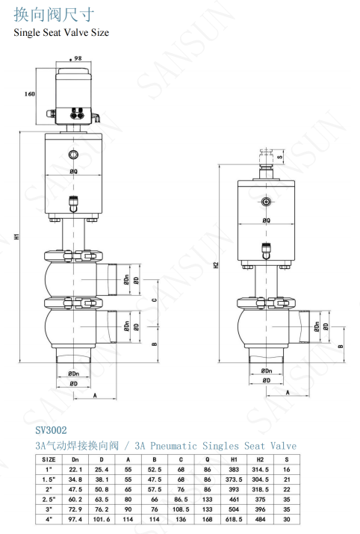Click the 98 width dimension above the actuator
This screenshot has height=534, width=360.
76,58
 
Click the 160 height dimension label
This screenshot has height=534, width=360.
30,94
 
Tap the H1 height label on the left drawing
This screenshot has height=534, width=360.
16,236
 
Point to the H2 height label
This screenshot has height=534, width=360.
216,264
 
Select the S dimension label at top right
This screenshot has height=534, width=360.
279,157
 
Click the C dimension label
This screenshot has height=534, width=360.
155,300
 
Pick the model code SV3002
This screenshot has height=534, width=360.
51,430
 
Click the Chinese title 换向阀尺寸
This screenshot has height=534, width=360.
54,15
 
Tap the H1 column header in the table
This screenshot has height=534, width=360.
234,459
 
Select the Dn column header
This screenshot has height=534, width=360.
75,459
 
